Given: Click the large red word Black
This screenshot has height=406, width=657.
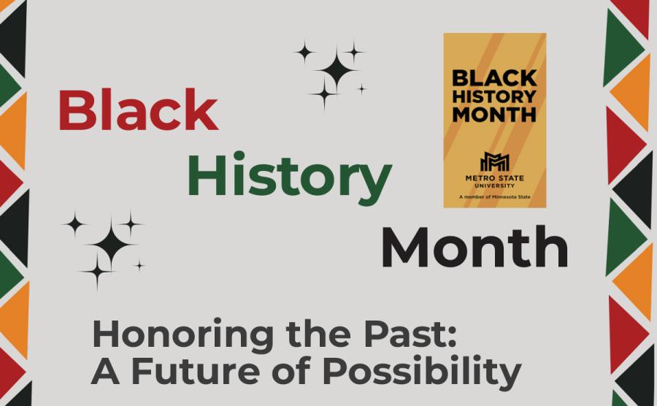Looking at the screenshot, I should coord(138,110).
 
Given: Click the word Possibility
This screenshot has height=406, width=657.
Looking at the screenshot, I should coord(422,371).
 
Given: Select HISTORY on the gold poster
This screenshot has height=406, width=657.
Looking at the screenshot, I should coord(494,96).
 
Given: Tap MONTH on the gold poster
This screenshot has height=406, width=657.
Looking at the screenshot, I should coord(494,115).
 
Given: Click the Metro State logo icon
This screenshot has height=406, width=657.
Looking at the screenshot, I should coord(494,161).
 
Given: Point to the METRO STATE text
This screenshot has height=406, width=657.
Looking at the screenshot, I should coord(494,177).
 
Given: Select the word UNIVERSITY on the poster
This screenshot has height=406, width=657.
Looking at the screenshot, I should coord(494,185).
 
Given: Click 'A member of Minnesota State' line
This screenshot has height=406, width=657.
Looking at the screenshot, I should coord(494,197).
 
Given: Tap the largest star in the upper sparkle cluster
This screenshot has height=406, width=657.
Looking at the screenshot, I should coord(337,71).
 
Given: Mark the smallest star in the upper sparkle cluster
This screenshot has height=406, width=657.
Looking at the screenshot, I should coord(361,89).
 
